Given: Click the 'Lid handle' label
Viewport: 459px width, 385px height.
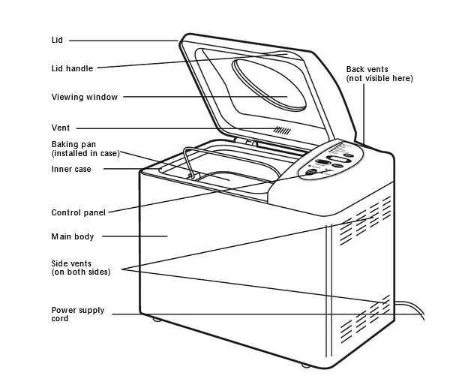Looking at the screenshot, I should click(x=72, y=68).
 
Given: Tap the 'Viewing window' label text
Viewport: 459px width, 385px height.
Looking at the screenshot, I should click(x=84, y=97).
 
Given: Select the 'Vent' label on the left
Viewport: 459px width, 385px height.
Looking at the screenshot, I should click(x=61, y=128).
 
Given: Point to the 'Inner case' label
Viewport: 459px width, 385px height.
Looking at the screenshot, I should click(x=71, y=170).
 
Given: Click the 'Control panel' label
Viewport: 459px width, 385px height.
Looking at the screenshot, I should click(x=78, y=212).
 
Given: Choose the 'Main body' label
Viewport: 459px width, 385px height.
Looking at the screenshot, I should click(x=73, y=237).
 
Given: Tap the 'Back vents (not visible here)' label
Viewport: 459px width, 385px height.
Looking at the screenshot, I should click(x=379, y=74).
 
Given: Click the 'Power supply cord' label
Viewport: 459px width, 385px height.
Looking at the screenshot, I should click(x=77, y=314).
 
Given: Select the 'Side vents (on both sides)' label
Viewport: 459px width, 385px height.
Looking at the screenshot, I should click(x=80, y=267).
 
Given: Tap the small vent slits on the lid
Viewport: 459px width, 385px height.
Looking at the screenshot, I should click(x=281, y=130).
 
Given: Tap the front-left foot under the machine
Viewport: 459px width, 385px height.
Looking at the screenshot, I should click(x=157, y=320).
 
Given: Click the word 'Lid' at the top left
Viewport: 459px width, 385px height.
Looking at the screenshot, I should click(x=58, y=40).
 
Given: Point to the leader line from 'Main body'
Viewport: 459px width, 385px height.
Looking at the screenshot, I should click(x=134, y=236).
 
